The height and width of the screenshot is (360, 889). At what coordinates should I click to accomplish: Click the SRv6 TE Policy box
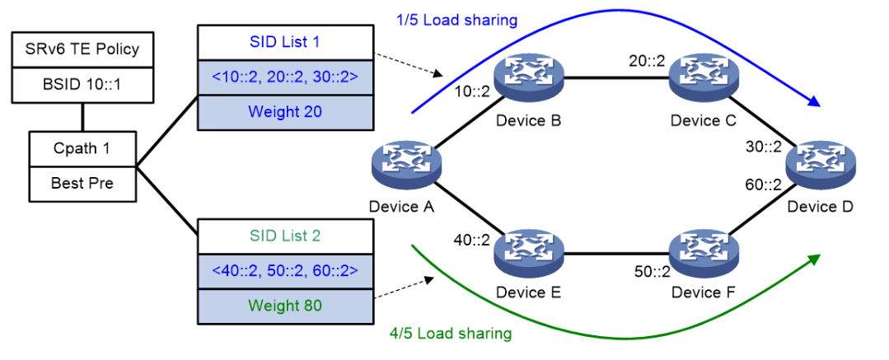(x=82, y=49)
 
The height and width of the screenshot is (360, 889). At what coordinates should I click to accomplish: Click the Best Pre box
(x=82, y=183)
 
